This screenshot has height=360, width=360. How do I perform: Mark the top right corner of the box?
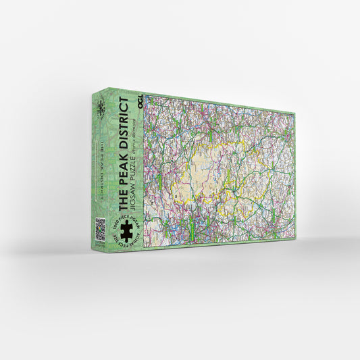pos(295,112)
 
